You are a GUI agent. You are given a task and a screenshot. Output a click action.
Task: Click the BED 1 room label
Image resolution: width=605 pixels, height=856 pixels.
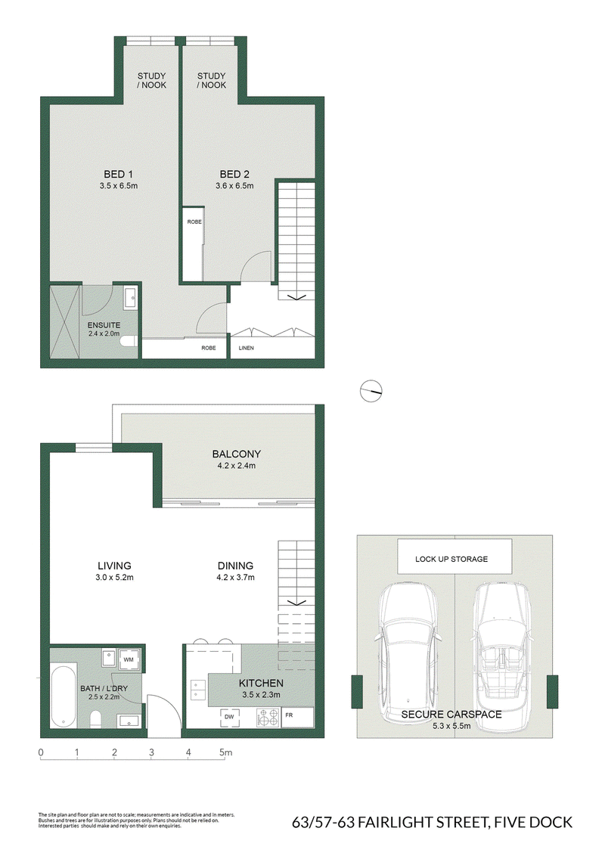(119, 174)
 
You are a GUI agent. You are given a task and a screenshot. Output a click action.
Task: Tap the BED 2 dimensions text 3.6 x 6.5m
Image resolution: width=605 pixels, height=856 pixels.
(234, 185)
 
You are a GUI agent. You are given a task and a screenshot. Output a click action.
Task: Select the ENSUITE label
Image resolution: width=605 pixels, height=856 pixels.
(104, 325)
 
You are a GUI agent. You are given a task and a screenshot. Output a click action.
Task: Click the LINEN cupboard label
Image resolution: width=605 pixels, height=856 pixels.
(247, 348)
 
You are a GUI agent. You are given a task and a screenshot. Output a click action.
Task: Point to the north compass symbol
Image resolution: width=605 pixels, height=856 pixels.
(371, 391)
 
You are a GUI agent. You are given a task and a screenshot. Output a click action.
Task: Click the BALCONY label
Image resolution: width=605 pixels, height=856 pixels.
(237, 454)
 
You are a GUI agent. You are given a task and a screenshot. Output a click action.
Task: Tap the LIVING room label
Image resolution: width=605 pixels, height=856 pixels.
(115, 566)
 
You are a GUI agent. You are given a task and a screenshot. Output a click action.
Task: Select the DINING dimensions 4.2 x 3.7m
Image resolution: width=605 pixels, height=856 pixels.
(236, 577)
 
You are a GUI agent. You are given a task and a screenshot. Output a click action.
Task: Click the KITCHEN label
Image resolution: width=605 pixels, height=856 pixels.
(261, 683)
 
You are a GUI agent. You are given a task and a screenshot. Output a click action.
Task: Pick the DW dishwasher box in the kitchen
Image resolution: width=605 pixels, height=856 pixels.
(229, 717)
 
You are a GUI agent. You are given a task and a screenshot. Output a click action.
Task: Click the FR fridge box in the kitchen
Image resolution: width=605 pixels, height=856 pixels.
(298, 717)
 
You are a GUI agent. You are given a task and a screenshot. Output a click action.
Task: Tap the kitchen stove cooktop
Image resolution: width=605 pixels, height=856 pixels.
(268, 718)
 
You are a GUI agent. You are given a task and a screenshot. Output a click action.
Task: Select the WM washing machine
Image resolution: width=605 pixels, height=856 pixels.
(129, 660)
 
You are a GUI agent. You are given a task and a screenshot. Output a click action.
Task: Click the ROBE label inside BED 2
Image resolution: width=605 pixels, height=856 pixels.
(194, 222)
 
